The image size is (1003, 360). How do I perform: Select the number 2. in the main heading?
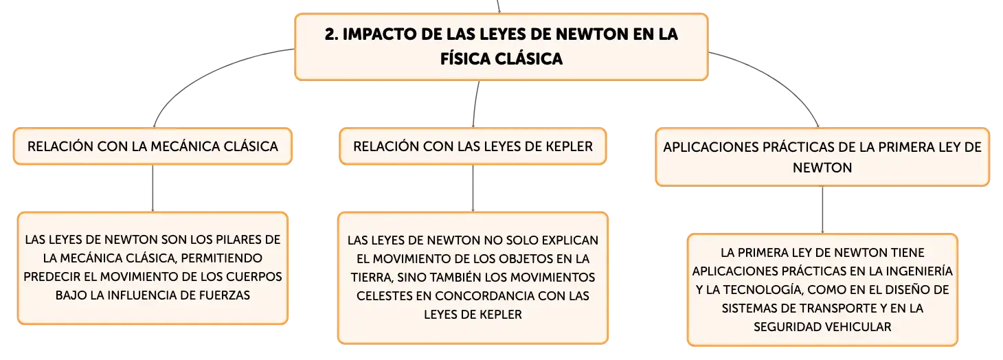[x=331, y=34]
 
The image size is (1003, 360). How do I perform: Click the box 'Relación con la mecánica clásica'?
[x=153, y=146]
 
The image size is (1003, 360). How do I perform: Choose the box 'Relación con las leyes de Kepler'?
[x=473, y=146]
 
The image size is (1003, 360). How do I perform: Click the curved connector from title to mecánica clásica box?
[x=201, y=74]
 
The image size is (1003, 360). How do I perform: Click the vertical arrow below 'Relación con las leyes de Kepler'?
[x=473, y=188]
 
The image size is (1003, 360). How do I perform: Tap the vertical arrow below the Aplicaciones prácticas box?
[x=822, y=210]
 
